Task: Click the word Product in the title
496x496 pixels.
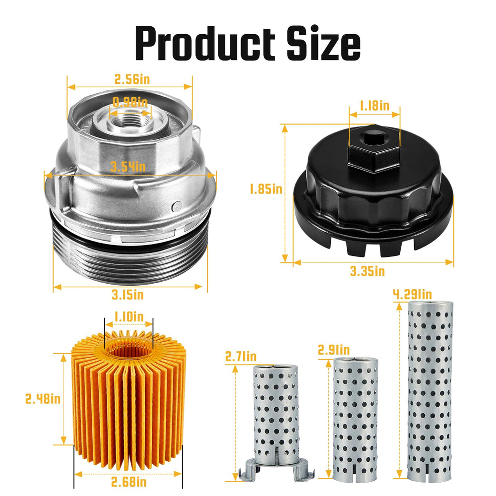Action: point(205,43)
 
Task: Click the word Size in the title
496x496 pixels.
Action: point(323,43)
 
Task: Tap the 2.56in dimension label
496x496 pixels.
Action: point(132,79)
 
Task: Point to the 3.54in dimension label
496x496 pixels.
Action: point(128,166)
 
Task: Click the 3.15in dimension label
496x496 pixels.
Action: point(128,295)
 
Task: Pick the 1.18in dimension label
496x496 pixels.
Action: point(374,106)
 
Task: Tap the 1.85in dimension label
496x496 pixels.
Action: point(266,189)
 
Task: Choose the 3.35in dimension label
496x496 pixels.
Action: point(367,271)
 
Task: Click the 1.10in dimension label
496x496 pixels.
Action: point(129,316)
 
